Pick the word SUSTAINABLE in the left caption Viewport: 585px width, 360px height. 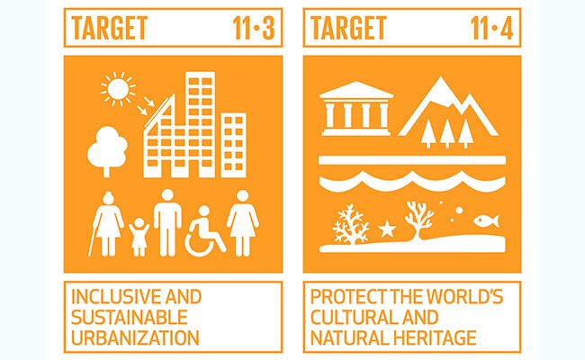click(x=127, y=318)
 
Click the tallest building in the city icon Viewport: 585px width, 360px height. click(x=199, y=121)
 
